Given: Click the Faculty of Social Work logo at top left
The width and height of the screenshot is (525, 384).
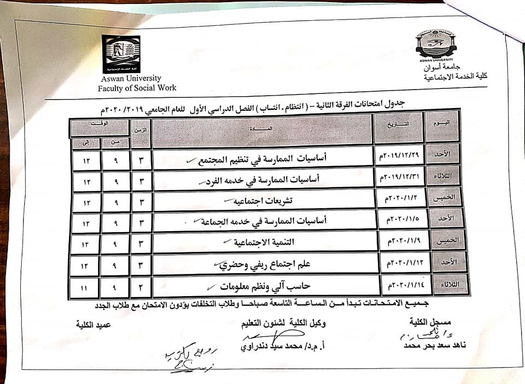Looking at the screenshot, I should click(x=121, y=54).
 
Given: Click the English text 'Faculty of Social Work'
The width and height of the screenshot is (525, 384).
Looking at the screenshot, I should click(x=137, y=88).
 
